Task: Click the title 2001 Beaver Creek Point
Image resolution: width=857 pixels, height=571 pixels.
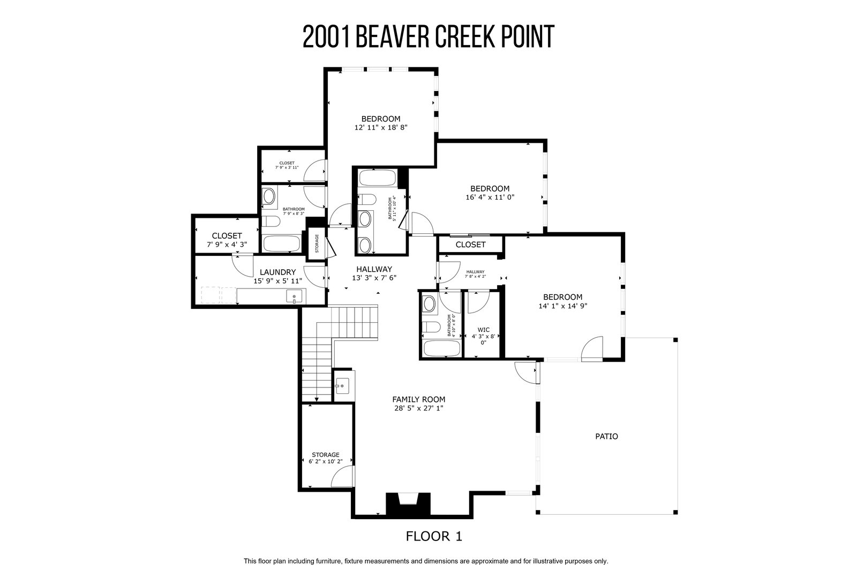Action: (428, 37)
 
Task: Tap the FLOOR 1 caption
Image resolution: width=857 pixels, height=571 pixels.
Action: (434, 536)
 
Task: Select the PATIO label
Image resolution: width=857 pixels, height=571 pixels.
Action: (606, 436)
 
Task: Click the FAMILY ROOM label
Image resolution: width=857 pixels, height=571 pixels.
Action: (418, 399)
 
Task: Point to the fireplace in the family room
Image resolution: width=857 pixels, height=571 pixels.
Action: (408, 505)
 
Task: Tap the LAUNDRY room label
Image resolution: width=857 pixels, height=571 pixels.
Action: (278, 272)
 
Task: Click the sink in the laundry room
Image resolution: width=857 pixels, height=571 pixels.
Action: (294, 296)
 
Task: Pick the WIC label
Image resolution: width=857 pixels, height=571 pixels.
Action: (484, 330)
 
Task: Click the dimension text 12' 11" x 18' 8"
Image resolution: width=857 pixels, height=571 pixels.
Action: (381, 127)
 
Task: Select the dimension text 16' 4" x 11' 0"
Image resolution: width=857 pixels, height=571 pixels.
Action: (490, 197)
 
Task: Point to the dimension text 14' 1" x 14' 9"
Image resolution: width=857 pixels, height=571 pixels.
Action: (563, 306)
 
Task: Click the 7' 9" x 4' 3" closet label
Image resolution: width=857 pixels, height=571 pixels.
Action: (227, 244)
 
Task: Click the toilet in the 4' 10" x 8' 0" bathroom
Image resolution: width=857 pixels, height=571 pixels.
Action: (431, 328)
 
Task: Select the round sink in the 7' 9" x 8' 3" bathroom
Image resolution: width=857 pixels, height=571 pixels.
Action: (268, 197)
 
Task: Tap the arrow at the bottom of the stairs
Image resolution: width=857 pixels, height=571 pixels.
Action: (317, 399)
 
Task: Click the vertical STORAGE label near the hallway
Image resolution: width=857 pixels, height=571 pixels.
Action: (317, 243)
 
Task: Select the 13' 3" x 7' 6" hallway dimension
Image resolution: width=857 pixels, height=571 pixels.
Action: (374, 278)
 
